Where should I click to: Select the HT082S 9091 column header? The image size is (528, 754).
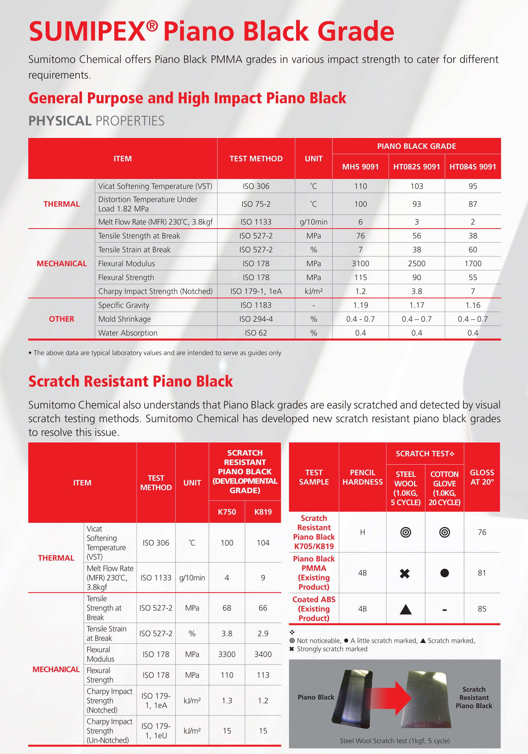coord(416,167)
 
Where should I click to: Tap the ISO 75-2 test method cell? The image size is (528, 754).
coord(256,204)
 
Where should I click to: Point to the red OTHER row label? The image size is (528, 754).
coord(61,319)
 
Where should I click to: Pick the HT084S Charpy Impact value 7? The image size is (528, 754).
coord(472,291)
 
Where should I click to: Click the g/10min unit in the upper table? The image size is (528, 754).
coord(313,222)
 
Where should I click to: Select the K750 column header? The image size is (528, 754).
coord(227,512)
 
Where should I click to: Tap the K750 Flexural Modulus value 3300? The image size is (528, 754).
coord(227,654)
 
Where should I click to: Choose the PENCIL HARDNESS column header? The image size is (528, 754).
coord(362,477)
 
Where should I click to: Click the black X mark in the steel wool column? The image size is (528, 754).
coord(405,573)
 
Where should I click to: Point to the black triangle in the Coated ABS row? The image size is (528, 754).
coord(405,609)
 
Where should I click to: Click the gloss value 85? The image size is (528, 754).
coord(482,609)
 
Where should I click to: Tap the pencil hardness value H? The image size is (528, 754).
coord(362,532)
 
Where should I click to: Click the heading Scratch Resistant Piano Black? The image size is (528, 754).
coord(131,381)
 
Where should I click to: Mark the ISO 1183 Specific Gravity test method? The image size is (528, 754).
coord(256,305)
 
